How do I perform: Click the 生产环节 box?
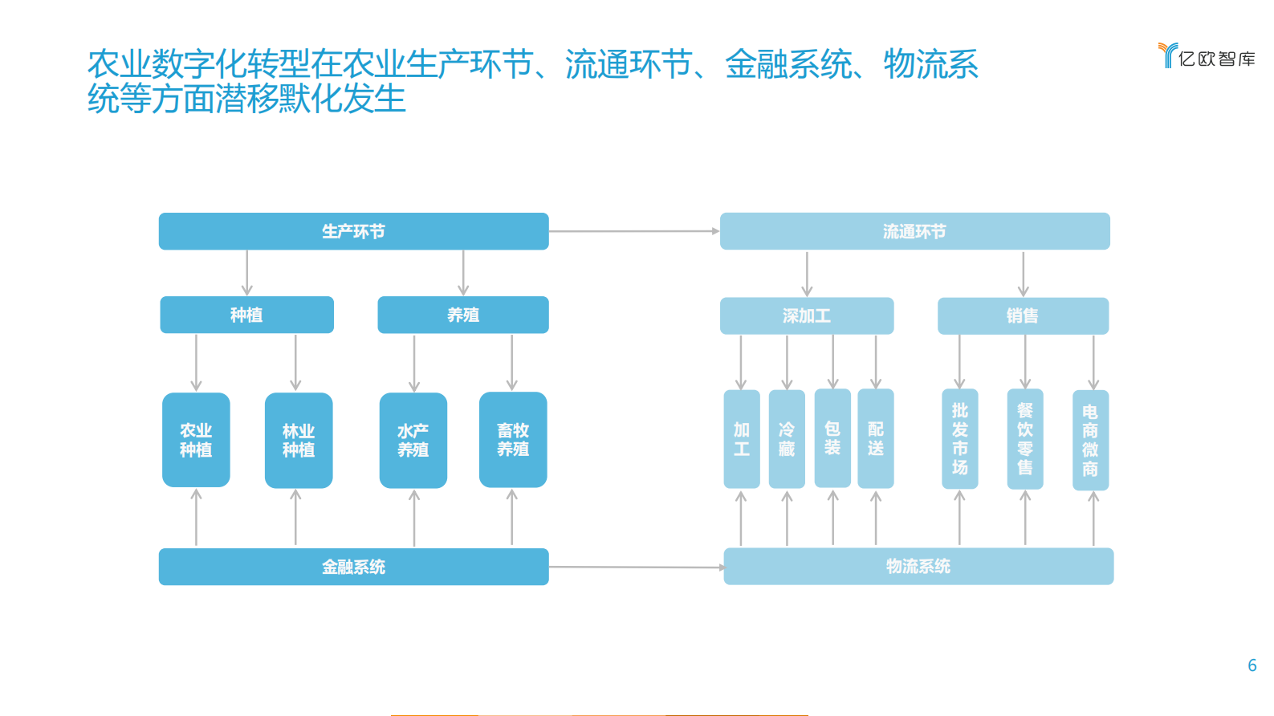(x=353, y=231)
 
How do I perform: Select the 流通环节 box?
(x=914, y=231)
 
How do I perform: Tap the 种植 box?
(x=246, y=315)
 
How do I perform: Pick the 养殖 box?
(x=463, y=315)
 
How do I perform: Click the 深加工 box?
(x=806, y=315)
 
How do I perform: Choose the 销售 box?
(x=1023, y=315)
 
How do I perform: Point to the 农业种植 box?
(x=196, y=440)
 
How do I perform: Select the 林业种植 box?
(x=299, y=440)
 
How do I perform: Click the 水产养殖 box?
(x=413, y=440)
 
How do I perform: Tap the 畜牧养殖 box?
(x=513, y=440)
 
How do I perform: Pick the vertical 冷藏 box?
(x=787, y=439)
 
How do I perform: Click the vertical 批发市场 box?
(x=959, y=439)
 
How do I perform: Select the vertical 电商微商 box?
(x=1090, y=440)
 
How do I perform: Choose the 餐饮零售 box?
(x=1025, y=439)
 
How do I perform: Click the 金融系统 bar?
(x=353, y=567)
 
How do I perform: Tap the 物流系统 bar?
(x=918, y=566)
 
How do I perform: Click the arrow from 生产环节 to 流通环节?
(x=634, y=231)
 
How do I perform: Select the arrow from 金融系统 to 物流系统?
(x=636, y=567)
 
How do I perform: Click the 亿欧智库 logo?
(x=1207, y=56)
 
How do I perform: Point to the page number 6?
(x=1252, y=665)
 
